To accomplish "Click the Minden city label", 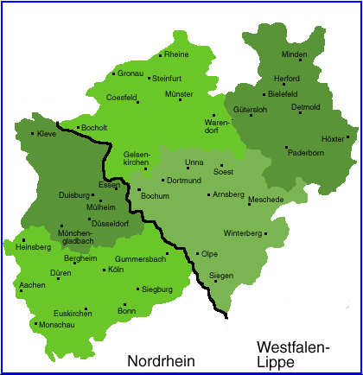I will point(295,55).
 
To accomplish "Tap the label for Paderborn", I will point(306,153).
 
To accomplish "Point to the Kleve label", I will point(48,134).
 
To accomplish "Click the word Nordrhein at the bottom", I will point(162,359).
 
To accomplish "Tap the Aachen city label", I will point(32,284).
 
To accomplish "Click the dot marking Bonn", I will point(124,304).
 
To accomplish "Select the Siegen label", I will point(222,276).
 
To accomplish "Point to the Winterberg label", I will point(243,233).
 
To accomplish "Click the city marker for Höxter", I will point(347,137).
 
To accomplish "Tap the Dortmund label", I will point(183,181).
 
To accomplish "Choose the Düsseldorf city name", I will point(109,223).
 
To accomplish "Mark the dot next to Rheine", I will point(161,56).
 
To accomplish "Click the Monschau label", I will point(54,325).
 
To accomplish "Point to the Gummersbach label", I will point(140,258).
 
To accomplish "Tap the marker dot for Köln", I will point(103,270).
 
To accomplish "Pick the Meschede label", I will point(266,200).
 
